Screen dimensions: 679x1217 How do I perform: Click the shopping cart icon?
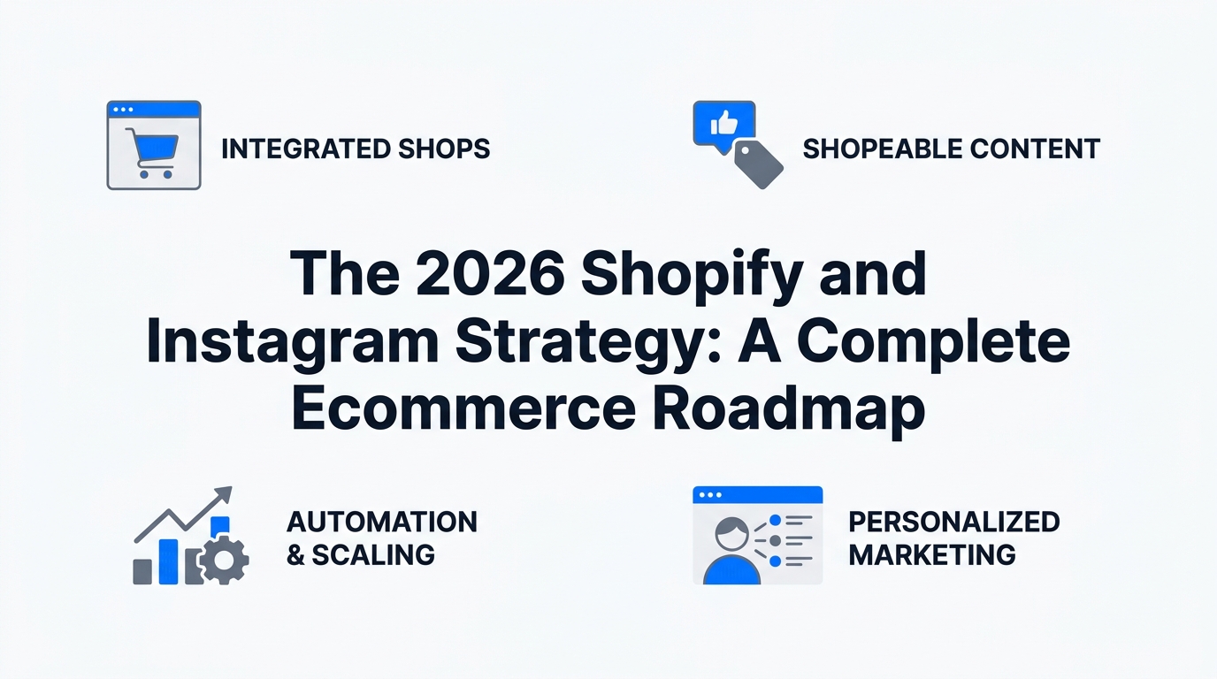click(x=152, y=152)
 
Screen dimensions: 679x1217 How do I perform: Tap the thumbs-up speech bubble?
click(x=723, y=124)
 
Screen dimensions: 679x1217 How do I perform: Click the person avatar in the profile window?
click(x=731, y=552)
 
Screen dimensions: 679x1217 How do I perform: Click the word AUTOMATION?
click(x=382, y=522)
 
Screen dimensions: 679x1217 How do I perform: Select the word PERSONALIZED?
click(x=953, y=522)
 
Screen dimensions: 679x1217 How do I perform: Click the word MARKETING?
click(x=931, y=555)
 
